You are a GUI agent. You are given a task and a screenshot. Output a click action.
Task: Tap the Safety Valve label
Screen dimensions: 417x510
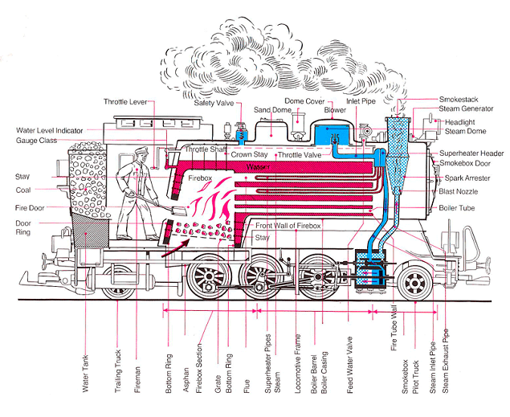pyautogui.click(x=213, y=102)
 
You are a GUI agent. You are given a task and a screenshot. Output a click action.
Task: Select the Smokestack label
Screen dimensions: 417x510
pyautogui.click(x=459, y=100)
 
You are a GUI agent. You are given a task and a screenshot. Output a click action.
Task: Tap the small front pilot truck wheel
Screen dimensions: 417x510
pyautogui.click(x=417, y=282)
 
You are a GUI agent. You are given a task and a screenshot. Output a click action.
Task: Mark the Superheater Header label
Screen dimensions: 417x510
pyautogui.click(x=471, y=153)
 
